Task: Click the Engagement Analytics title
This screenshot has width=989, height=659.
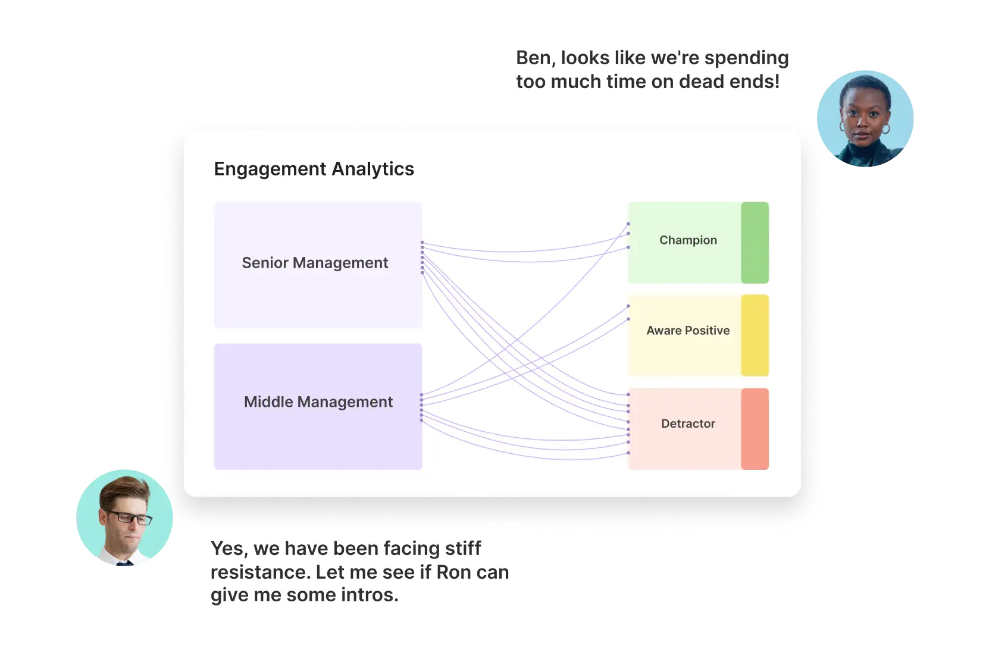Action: (x=314, y=169)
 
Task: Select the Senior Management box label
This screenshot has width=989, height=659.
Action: (x=315, y=263)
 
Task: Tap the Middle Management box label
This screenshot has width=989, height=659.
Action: (x=318, y=402)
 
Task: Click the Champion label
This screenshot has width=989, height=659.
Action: (x=688, y=240)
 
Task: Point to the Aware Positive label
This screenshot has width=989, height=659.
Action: (x=688, y=331)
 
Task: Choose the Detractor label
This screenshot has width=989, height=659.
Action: (x=688, y=423)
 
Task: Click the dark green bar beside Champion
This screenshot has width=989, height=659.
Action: (x=755, y=243)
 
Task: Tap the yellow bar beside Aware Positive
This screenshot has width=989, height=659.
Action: (x=755, y=335)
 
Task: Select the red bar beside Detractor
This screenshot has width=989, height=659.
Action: (x=755, y=429)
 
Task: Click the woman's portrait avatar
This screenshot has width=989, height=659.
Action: (x=865, y=119)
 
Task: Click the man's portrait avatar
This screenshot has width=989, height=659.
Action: (x=124, y=518)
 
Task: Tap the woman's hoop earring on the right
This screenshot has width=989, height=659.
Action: (x=885, y=129)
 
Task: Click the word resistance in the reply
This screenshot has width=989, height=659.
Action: (x=260, y=573)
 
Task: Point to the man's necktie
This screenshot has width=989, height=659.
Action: (x=124, y=563)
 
